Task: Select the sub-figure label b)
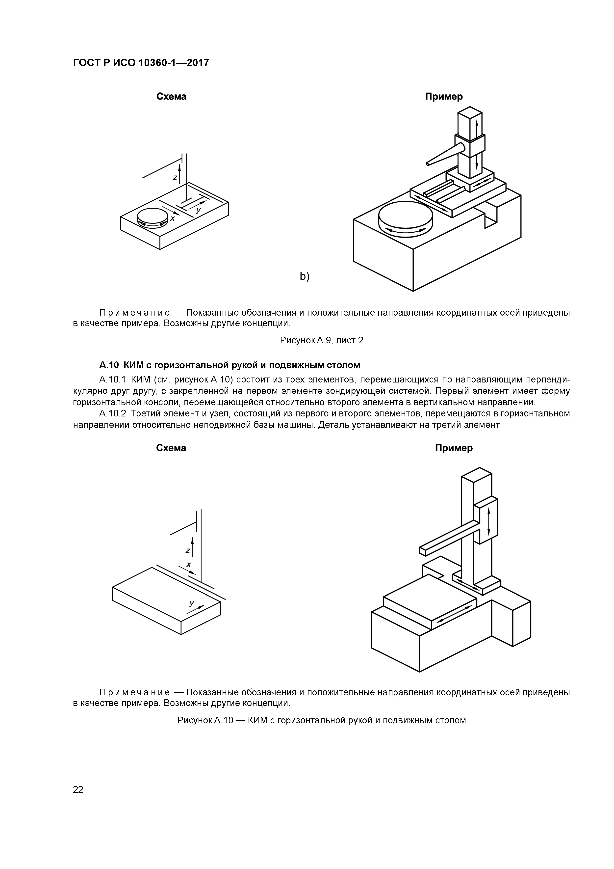pos(305,277)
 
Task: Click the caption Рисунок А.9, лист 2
pos(322,341)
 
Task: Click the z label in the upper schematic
pos(175,177)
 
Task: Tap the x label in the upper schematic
pos(173,219)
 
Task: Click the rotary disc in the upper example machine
pos(406,219)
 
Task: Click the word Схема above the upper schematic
pos(171,97)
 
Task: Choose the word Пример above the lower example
pos(454,448)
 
